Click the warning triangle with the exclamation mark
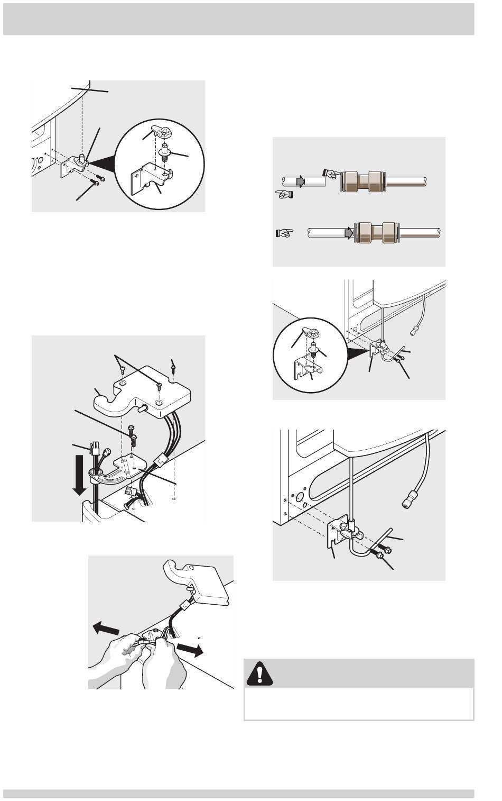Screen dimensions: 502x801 (x=259, y=673)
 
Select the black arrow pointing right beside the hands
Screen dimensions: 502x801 (x=190, y=650)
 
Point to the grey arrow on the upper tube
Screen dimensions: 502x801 (x=300, y=182)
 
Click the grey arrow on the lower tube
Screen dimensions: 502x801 (x=348, y=232)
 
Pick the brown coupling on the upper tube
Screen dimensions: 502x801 (x=361, y=181)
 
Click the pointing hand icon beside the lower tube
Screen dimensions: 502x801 (x=284, y=232)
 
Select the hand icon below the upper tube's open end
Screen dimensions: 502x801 (x=285, y=194)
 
